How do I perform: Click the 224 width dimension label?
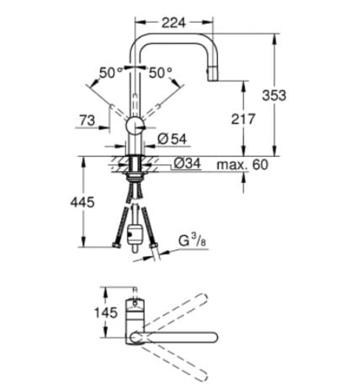(174, 23)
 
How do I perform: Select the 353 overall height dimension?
(274, 95)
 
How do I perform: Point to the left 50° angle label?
(111, 72)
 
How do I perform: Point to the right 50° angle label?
(161, 72)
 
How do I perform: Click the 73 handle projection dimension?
(86, 119)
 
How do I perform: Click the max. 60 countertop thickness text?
(242, 165)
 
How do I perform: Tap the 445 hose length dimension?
(83, 202)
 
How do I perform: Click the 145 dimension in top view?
(105, 312)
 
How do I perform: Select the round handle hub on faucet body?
(135, 125)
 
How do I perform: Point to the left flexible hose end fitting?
(116, 245)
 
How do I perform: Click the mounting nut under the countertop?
(134, 178)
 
